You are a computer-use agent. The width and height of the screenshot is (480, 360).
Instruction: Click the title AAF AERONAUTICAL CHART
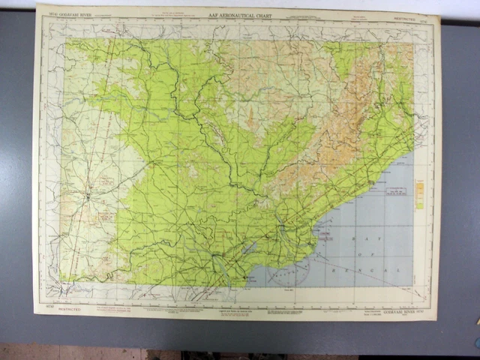coord(240,15)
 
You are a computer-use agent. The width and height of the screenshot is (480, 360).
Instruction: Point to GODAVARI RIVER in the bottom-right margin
coord(400,310)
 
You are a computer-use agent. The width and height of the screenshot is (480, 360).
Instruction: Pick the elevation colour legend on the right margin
coord(419,193)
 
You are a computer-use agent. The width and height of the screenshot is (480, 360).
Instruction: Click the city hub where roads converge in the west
coord(88,196)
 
